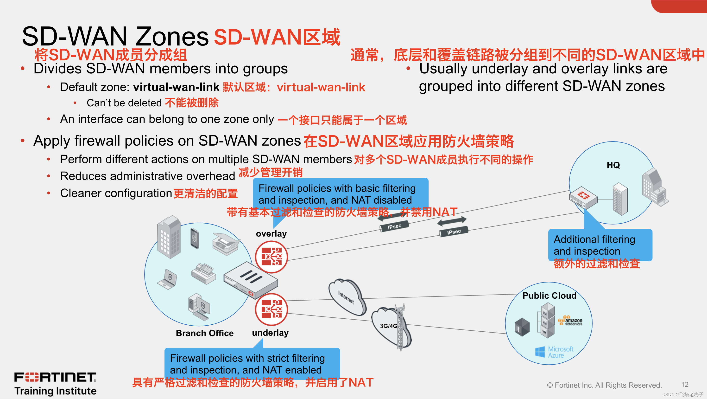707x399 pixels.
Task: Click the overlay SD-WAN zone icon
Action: [x=271, y=257]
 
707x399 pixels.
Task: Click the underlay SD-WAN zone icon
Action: [x=271, y=309]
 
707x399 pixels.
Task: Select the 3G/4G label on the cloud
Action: [x=388, y=326]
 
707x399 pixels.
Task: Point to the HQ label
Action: [x=613, y=165]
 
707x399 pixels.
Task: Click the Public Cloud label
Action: [x=549, y=296]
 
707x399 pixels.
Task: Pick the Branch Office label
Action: [x=204, y=333]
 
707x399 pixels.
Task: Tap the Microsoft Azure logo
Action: [x=554, y=352]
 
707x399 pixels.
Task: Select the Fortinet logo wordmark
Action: [x=55, y=377]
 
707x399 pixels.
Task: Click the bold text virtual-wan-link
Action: [x=176, y=87]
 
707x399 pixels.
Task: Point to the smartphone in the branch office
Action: [x=195, y=238]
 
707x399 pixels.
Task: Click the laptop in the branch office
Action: [x=168, y=279]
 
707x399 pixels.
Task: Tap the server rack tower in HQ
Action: [x=620, y=199]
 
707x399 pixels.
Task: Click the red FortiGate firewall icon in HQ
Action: [x=583, y=197]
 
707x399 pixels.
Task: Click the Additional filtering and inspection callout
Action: [x=600, y=245]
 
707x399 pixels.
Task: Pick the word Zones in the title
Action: [x=172, y=37]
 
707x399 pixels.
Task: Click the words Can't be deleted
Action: [x=124, y=103]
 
